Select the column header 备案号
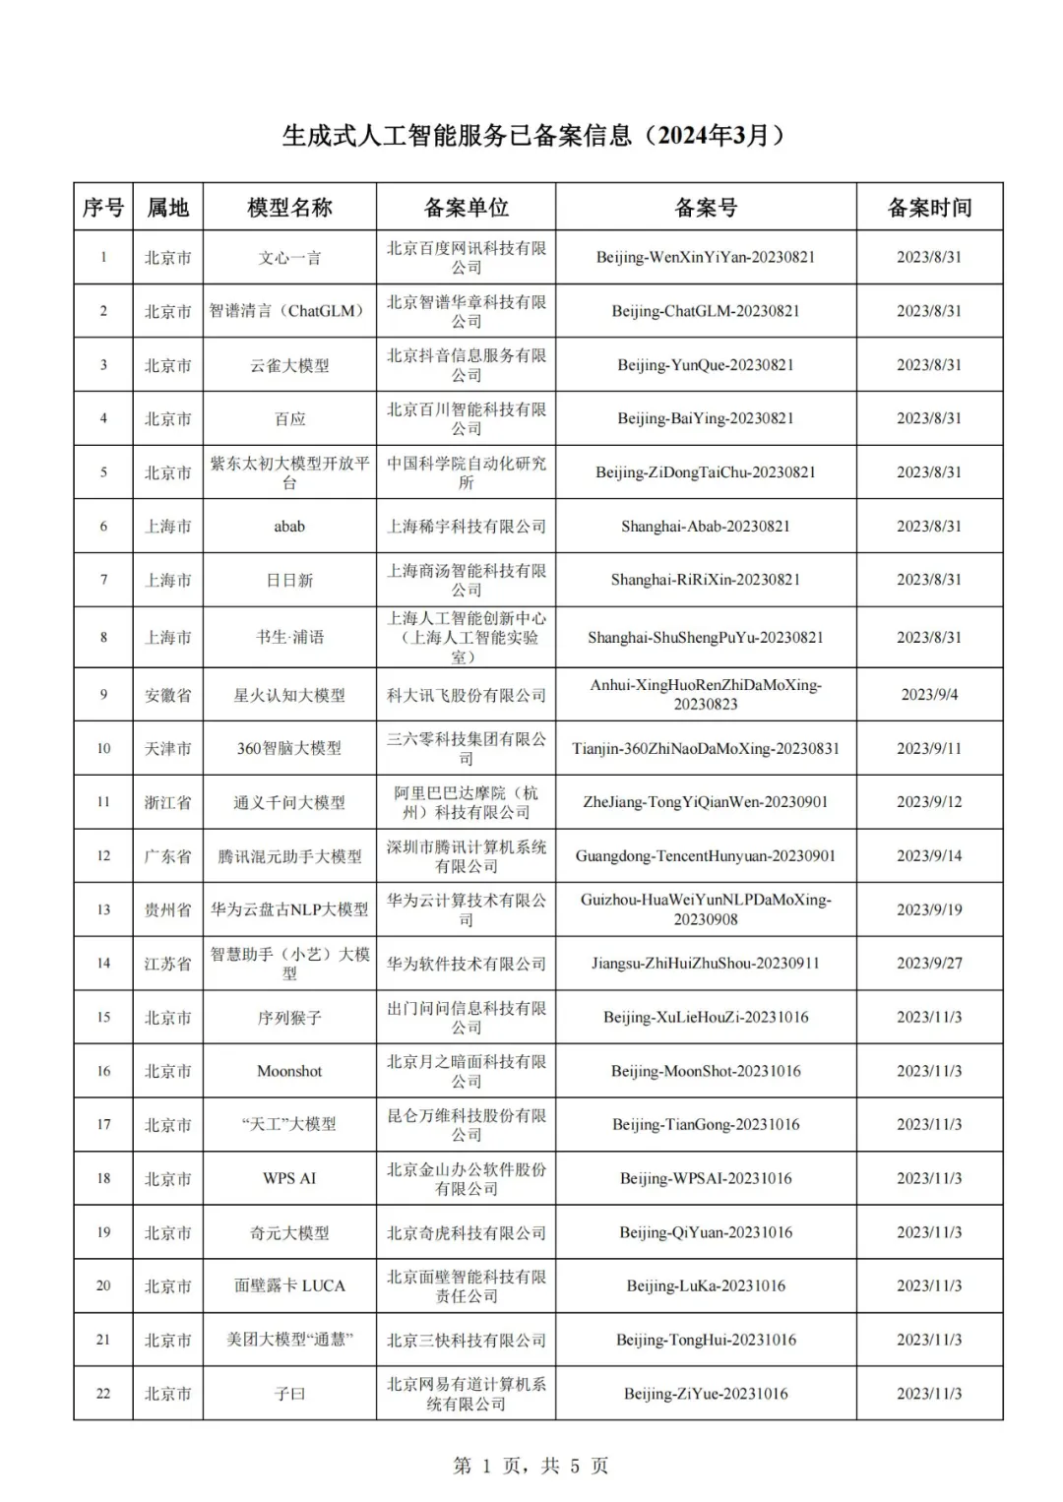tap(705, 208)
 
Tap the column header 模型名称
tap(289, 208)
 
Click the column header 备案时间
tap(929, 208)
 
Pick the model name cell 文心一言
tap(289, 258)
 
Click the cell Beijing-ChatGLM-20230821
tap(705, 311)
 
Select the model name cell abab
tap(289, 527)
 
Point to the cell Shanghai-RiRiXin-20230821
tap(705, 580)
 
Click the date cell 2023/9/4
tap(929, 695)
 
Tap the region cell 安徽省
tap(167, 695)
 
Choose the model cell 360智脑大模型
tap(289, 749)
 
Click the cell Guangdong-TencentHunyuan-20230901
tap(705, 856)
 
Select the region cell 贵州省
tap(167, 909)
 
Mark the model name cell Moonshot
tap(289, 1071)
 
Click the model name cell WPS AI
tap(289, 1178)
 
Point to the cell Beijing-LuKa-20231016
tap(705, 1285)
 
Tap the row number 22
tap(103, 1394)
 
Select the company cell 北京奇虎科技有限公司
tap(466, 1232)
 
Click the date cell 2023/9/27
tap(929, 964)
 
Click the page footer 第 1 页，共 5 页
tap(531, 1466)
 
